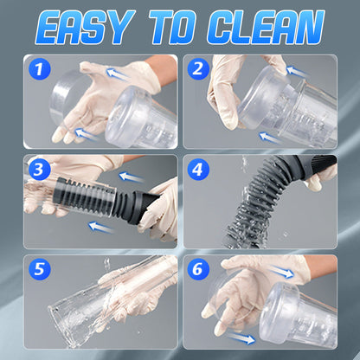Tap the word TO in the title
click(173, 28)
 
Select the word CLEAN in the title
click(266, 28)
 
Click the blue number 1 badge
click(40, 69)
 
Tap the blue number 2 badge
click(198, 69)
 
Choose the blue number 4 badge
click(198, 170)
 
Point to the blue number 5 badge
click(40, 269)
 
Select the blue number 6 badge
click(198, 269)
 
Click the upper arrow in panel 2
click(297, 71)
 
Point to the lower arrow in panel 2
click(270, 138)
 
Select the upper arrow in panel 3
click(132, 177)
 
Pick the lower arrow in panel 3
click(101, 227)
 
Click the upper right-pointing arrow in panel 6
click(281, 272)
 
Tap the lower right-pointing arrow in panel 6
click(241, 338)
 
